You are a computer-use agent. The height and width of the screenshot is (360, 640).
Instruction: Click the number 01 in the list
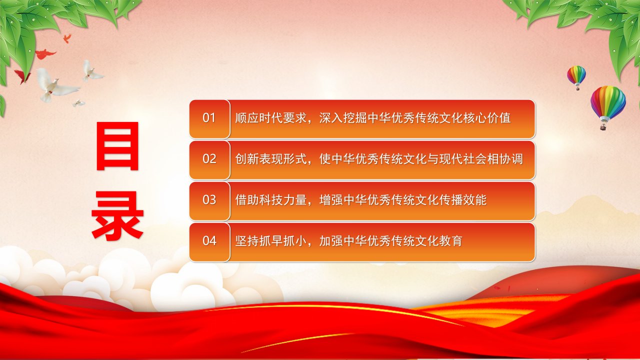(209, 117)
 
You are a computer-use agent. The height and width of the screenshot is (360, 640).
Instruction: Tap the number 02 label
(209, 159)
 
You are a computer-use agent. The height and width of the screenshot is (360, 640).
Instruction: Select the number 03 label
(209, 199)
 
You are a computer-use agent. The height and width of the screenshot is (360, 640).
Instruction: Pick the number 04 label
(209, 241)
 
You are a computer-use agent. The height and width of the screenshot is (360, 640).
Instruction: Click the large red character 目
(117, 146)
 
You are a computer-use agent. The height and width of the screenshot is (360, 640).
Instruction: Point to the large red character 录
(117, 215)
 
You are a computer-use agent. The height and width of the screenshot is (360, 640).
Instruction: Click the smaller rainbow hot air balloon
(576, 76)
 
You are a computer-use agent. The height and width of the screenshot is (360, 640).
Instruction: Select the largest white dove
(56, 85)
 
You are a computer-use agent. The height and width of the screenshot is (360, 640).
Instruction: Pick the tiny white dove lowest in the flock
(78, 103)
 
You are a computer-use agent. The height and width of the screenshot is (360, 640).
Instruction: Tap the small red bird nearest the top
(67, 38)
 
